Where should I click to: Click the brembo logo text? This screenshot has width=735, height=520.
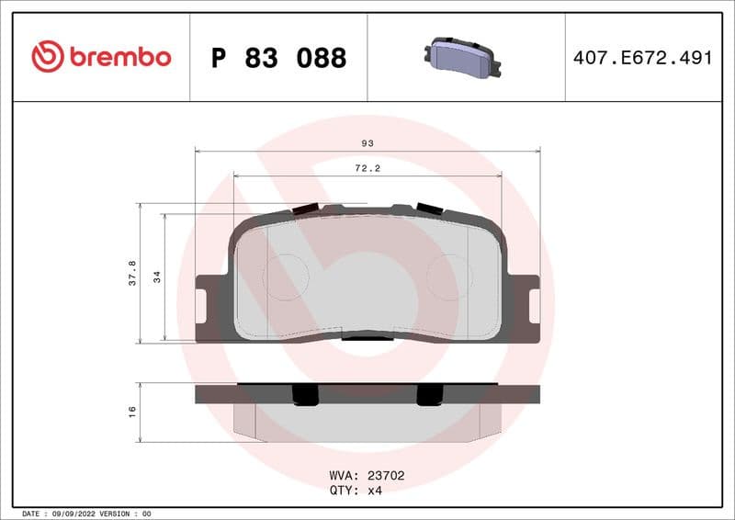(119, 57)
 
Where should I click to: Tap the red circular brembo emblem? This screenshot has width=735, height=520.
(48, 57)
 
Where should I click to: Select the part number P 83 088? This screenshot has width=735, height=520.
(278, 58)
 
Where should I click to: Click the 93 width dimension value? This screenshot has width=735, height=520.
(367, 143)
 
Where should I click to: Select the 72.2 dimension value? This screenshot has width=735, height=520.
(367, 168)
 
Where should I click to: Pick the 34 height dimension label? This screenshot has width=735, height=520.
(157, 277)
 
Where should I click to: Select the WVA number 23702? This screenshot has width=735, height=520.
(386, 476)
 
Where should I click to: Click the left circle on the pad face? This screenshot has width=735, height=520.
(286, 277)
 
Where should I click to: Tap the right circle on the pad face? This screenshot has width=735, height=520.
(449, 277)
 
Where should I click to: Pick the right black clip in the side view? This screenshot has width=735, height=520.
(429, 394)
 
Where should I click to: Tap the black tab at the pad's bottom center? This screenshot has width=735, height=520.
(367, 337)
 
